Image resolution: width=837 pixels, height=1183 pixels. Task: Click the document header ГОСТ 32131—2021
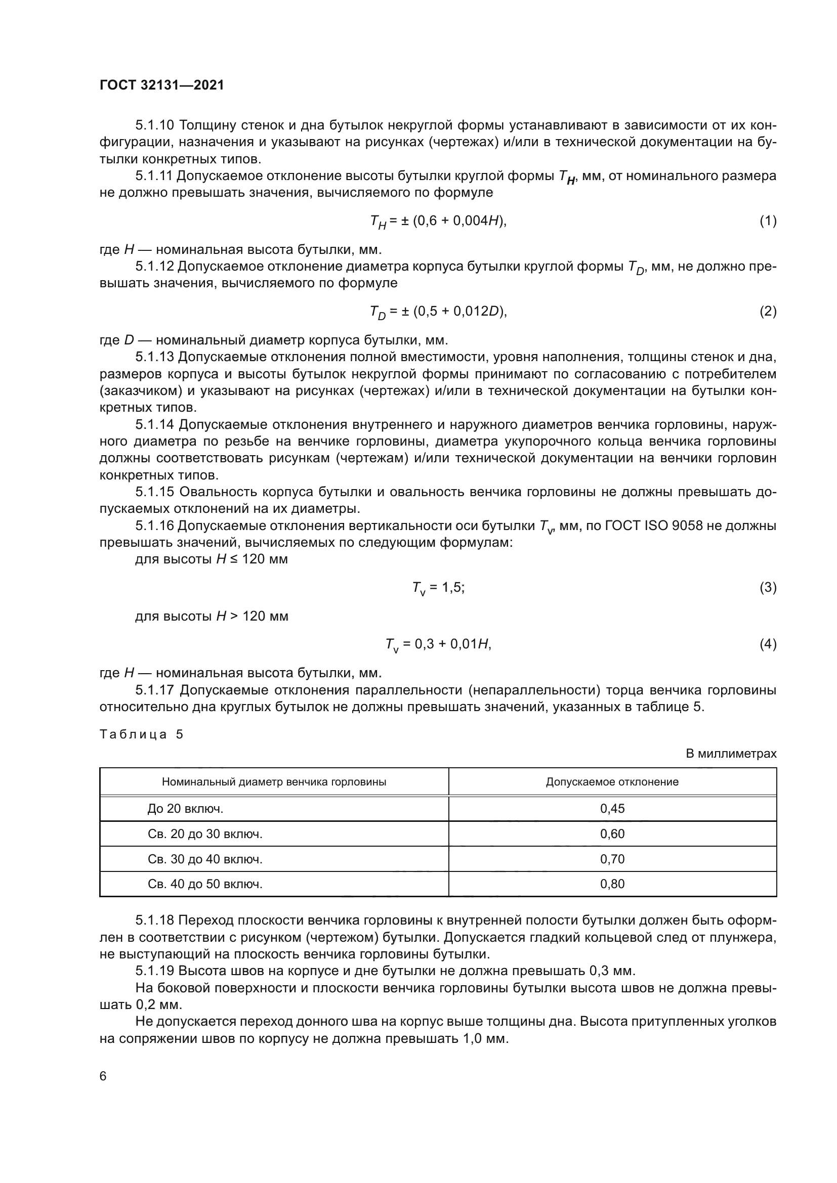[162, 85]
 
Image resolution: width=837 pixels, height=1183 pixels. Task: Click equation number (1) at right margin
[768, 221]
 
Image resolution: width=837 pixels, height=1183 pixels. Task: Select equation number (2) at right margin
[768, 311]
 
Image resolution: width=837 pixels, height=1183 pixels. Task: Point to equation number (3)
[768, 587]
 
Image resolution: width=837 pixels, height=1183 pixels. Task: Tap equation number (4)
[768, 644]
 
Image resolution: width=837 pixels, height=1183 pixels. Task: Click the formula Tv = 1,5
[438, 588]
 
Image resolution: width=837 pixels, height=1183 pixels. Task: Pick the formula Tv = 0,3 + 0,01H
[438, 644]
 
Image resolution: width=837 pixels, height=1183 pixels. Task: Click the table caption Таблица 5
[141, 735]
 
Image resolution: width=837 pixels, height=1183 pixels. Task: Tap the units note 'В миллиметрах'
[731, 754]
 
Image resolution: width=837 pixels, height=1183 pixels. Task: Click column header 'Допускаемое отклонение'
[612, 782]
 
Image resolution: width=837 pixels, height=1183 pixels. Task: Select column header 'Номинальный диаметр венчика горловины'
[274, 782]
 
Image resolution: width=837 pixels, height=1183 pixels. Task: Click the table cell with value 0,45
[612, 809]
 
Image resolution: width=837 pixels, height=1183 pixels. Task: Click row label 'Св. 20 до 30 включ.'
[205, 834]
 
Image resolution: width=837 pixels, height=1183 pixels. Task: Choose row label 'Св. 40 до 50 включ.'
[205, 884]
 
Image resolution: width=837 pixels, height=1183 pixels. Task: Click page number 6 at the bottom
[103, 1076]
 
